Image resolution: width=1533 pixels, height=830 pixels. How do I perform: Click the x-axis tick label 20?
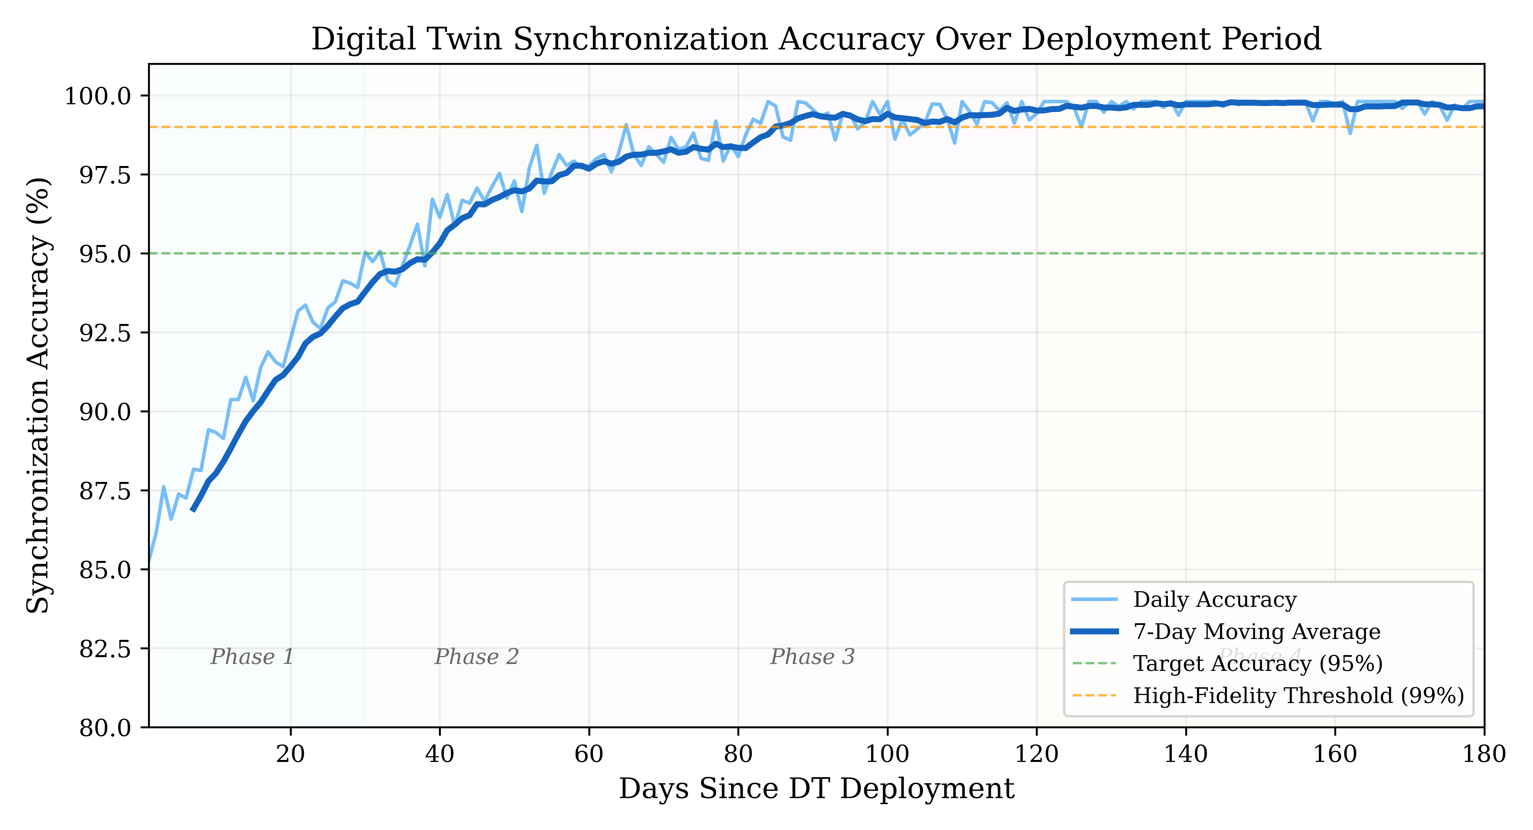(x=290, y=754)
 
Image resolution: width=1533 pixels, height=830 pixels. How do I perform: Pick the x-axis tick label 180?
(x=1484, y=754)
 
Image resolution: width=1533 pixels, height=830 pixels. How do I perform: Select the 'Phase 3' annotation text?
(x=812, y=657)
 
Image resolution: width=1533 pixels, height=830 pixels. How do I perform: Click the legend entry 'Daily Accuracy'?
(x=1214, y=600)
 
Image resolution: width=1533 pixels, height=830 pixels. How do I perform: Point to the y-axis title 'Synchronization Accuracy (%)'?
(x=39, y=395)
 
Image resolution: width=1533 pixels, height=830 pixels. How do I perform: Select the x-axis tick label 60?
(x=589, y=754)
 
